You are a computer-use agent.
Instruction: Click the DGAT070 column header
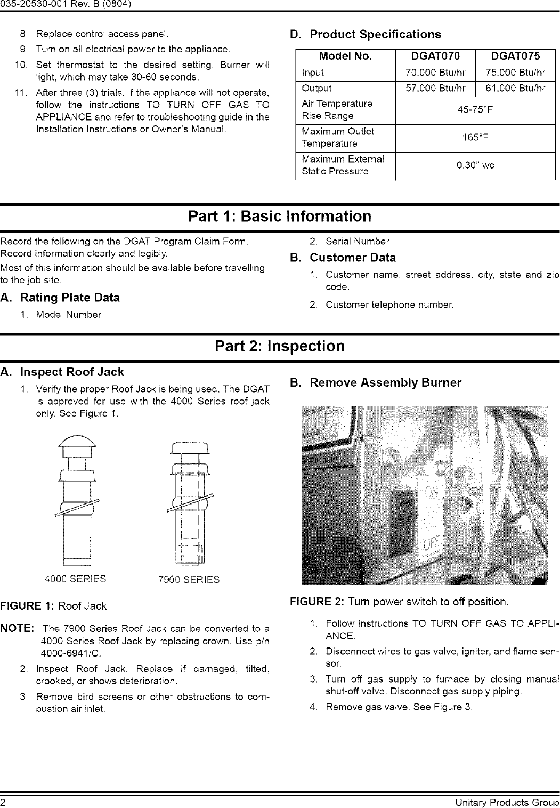(435, 57)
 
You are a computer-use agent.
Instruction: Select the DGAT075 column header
(515, 57)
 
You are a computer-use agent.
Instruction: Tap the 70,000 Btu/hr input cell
(435, 73)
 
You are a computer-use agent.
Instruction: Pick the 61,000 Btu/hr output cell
(515, 88)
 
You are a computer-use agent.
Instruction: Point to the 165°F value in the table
(475, 138)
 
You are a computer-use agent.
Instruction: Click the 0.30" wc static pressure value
(475, 165)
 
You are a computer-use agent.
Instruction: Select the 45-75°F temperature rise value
(475, 110)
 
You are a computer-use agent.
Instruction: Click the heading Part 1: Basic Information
(280, 217)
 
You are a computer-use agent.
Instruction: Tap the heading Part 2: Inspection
(280, 347)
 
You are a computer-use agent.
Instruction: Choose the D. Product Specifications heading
(366, 35)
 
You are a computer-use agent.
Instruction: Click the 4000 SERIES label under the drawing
(75, 579)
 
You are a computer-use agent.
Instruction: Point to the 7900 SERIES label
(189, 580)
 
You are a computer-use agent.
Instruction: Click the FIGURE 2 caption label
(317, 602)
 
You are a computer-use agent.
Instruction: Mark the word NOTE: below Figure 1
(18, 629)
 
